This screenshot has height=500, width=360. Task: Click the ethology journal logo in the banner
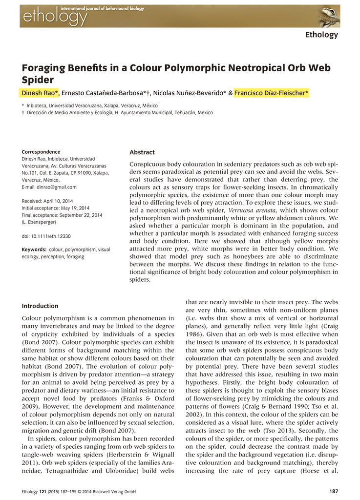coord(54,17)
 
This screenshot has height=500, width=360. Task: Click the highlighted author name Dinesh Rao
coord(40,93)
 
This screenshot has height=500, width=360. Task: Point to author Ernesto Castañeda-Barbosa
coord(101,93)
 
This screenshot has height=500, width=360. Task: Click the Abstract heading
coord(142,152)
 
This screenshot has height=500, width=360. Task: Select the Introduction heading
coord(40,306)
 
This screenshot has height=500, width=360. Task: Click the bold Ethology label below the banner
coord(321,35)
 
